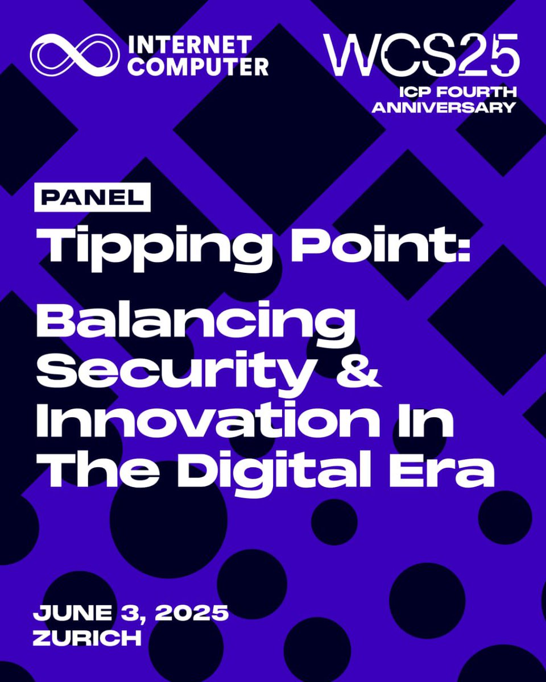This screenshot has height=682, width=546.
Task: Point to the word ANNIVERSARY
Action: [x=444, y=107]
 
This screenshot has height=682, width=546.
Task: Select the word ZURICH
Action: [x=87, y=637]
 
